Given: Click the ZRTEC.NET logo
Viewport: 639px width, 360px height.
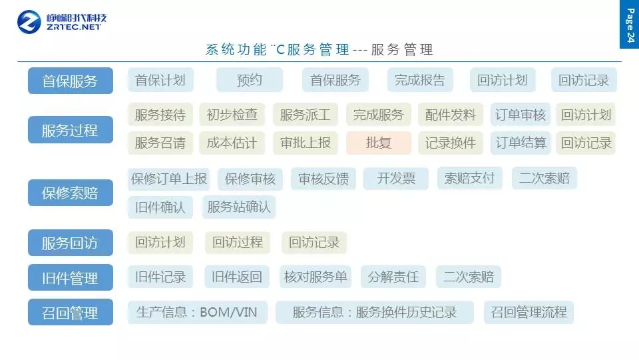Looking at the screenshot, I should click(62, 21).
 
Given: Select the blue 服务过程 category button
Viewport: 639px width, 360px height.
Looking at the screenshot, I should click(70, 130).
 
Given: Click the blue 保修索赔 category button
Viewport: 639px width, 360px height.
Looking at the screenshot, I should click(70, 193).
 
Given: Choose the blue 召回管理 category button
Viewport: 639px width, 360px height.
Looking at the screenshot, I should click(70, 313).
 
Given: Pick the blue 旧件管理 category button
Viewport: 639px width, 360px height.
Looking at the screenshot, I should click(70, 278).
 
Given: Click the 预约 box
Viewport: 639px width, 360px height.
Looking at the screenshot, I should click(250, 81).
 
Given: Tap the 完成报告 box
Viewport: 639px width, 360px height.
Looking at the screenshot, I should click(420, 81).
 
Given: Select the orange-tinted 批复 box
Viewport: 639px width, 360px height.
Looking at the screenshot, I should click(379, 143).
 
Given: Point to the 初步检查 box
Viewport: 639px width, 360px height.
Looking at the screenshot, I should click(232, 115).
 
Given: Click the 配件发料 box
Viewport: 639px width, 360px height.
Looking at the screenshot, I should click(451, 115).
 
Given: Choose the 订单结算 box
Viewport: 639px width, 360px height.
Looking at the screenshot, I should click(521, 143).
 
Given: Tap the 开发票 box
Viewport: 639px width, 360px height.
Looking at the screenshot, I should click(396, 179).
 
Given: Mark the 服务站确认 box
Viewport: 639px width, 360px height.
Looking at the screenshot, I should click(239, 207).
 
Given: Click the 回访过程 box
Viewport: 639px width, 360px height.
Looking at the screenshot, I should click(238, 243).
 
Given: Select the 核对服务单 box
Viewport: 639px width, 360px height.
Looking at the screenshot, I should click(316, 277).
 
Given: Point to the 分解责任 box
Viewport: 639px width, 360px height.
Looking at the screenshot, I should click(393, 277).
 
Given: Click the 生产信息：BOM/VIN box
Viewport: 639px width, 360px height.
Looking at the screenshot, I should click(197, 312).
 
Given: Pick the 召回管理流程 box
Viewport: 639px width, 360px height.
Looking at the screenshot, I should click(529, 312).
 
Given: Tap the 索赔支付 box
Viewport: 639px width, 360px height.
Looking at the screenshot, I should click(470, 179).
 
